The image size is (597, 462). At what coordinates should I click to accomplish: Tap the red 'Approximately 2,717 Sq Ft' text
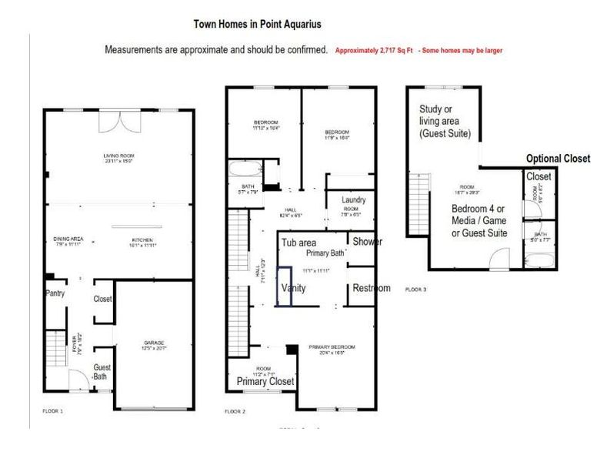click(x=374, y=50)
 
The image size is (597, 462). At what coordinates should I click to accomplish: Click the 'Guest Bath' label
click(x=102, y=373)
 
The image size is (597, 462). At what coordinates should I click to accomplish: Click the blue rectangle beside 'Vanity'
click(x=285, y=286)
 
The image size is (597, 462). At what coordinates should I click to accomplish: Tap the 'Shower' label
click(x=367, y=242)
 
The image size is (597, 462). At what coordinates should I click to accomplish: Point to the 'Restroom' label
click(x=372, y=288)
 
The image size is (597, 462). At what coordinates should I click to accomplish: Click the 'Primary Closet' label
click(x=265, y=381)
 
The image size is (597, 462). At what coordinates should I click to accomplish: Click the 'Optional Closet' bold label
click(x=558, y=159)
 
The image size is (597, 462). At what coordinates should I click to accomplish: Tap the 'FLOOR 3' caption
click(x=437, y=290)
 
